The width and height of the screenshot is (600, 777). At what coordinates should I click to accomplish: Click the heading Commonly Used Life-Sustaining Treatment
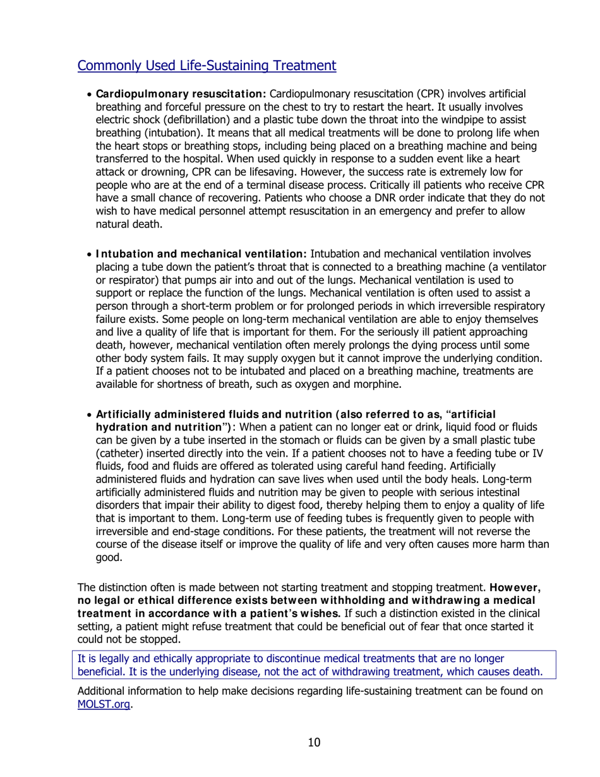[x=206, y=65]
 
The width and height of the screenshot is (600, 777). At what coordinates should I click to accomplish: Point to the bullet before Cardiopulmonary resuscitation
[x=89, y=94]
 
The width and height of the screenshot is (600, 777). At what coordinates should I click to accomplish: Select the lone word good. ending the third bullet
[x=109, y=557]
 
